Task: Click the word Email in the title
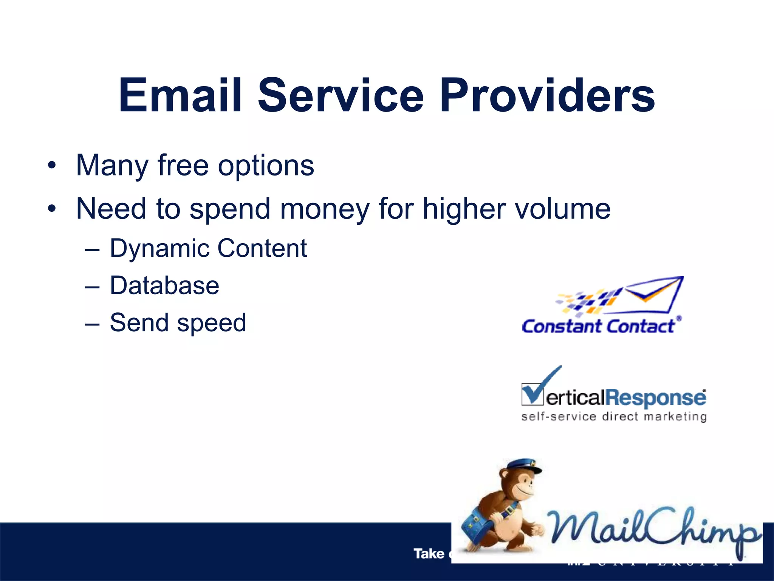click(180, 95)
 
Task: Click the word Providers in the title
click(547, 95)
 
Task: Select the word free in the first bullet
click(183, 165)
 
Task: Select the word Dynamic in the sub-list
click(158, 249)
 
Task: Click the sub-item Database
click(164, 286)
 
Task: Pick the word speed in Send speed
click(211, 323)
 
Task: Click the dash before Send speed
click(92, 324)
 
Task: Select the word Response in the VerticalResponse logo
click(656, 398)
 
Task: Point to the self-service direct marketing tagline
click(614, 417)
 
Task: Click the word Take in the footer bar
click(429, 554)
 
